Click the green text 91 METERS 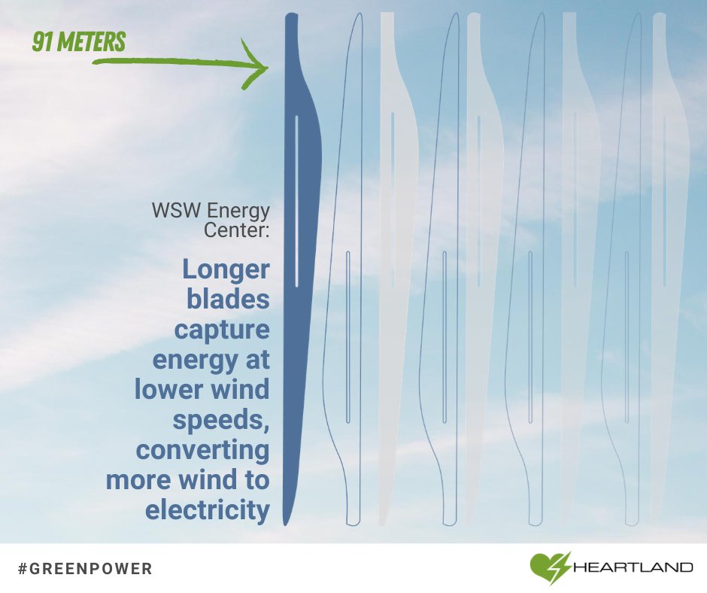point(77,41)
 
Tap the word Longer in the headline point(226,269)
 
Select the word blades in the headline point(227,300)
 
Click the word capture point(221,330)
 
